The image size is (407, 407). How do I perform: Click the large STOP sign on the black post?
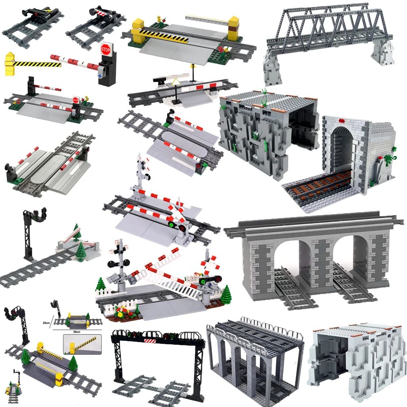click(106, 48)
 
